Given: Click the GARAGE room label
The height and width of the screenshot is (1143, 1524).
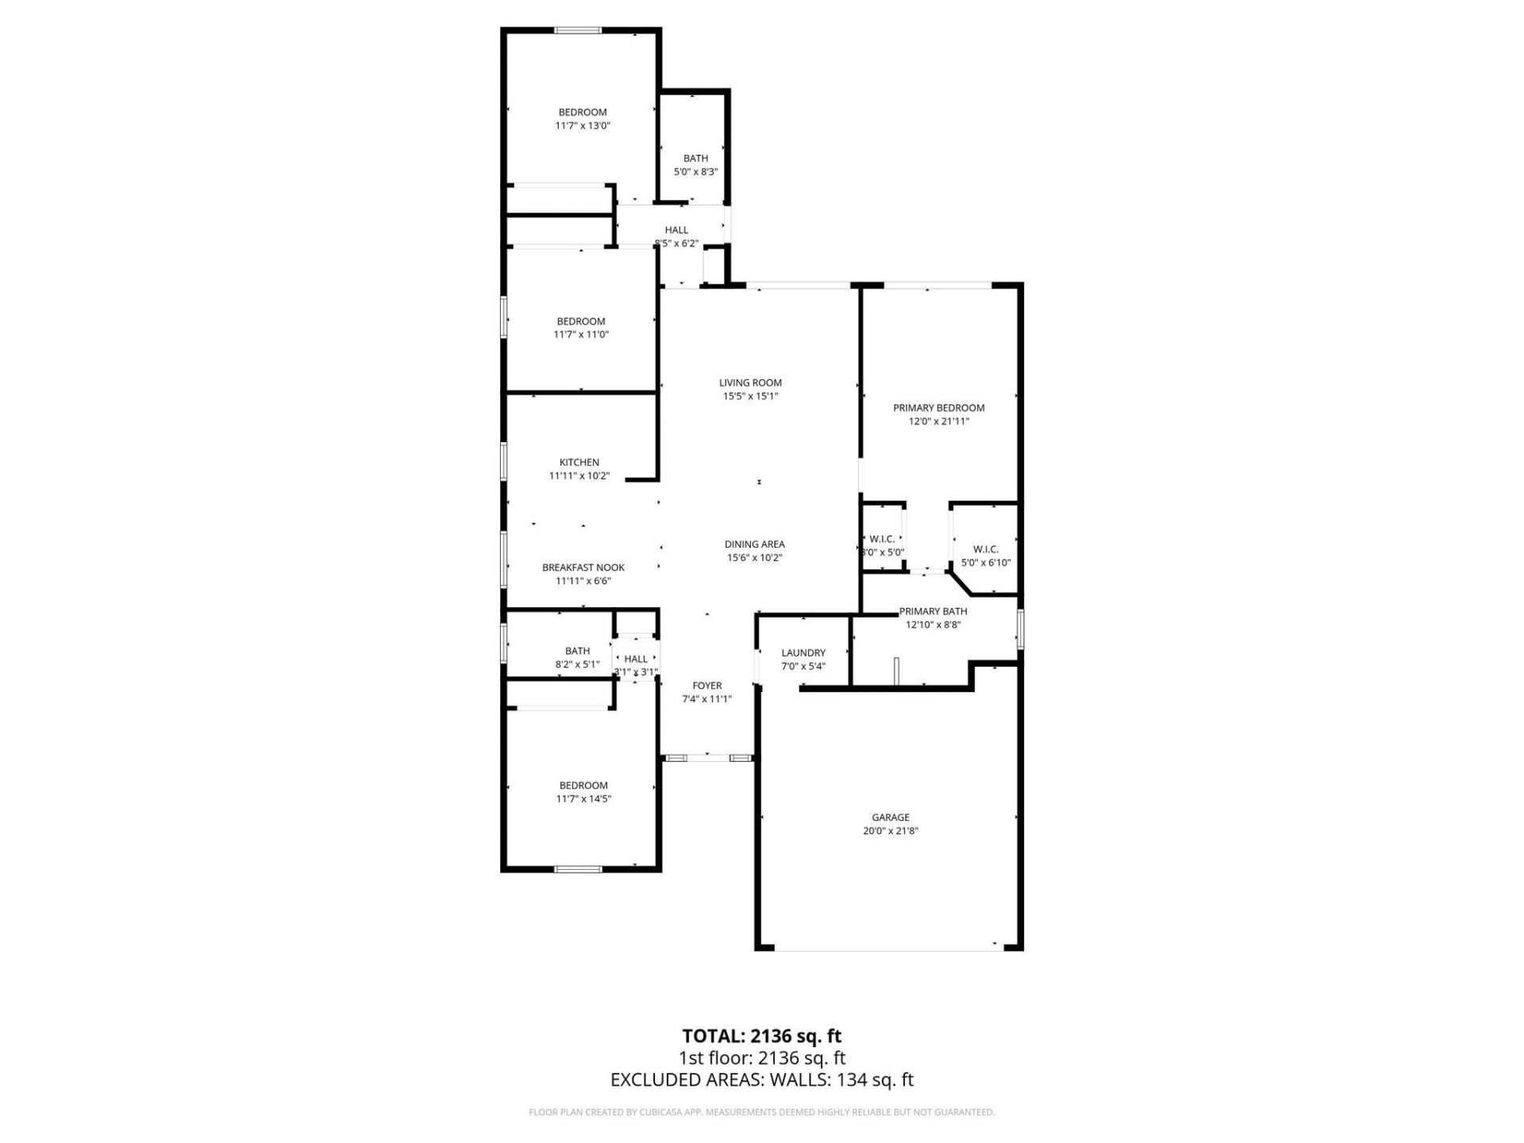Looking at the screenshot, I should click(890, 817).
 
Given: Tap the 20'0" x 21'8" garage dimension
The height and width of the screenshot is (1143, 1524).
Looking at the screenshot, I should click(890, 831).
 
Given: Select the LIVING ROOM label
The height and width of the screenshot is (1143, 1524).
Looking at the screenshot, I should click(750, 383).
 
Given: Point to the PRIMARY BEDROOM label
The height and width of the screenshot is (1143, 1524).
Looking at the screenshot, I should click(938, 408).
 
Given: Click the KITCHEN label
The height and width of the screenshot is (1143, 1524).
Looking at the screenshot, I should click(579, 462).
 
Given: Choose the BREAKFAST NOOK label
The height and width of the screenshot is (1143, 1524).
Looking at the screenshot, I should click(583, 568).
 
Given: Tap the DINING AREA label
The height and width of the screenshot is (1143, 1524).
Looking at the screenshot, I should click(754, 545).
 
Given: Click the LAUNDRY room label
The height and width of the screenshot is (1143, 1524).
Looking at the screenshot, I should click(803, 652).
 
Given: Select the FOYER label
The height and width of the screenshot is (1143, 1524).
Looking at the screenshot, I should click(706, 686).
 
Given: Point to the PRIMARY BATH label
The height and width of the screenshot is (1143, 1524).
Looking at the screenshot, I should click(933, 611).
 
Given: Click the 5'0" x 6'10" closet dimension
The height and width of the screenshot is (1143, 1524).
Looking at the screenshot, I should click(985, 563).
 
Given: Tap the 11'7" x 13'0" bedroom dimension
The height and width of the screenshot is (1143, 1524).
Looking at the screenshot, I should click(582, 125).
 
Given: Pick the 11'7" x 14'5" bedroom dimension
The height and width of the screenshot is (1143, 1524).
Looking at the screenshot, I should click(583, 799).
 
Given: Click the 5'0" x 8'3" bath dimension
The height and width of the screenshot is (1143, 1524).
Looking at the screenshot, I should click(695, 171).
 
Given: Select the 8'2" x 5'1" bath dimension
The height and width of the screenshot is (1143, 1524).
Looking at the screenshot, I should click(577, 664).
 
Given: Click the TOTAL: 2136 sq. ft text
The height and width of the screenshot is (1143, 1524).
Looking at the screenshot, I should click(761, 1036).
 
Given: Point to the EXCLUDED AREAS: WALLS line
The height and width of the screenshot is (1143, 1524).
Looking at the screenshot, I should click(761, 1079).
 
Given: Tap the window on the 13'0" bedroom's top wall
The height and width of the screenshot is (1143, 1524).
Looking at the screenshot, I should click(577, 31).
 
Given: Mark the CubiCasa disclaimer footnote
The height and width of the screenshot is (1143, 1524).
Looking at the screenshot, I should click(761, 1113).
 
